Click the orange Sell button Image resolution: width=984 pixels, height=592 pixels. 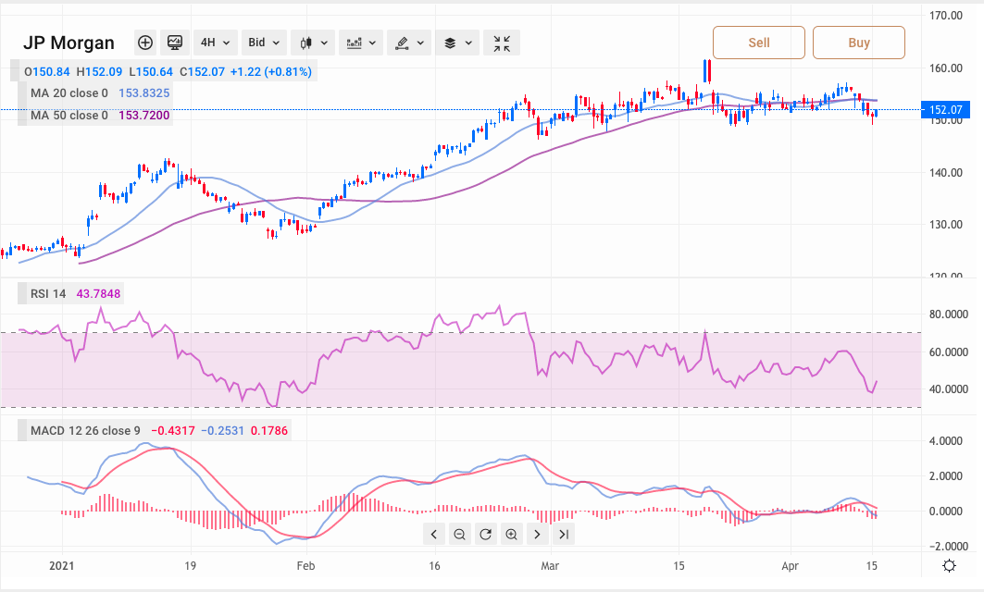pos(758,43)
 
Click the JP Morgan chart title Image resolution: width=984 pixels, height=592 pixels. pos(69,43)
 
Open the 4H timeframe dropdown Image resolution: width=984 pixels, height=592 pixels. pos(214,43)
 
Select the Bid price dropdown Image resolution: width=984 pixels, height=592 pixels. pos(264,43)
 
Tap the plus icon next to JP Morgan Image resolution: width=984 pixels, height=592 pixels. pos(145,43)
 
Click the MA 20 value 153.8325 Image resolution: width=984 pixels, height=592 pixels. pos(144,93)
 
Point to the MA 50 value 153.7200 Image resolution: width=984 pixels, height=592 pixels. pos(144,116)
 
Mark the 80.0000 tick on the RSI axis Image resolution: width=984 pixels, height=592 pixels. pos(948,314)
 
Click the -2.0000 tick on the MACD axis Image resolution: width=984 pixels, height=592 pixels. pos(948,546)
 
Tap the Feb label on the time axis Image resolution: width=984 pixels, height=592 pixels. pos(305,564)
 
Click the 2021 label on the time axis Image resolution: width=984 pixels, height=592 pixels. pos(61,564)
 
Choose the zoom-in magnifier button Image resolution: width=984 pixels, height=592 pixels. pos(511,534)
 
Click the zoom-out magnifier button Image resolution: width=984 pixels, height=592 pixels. pos(459,534)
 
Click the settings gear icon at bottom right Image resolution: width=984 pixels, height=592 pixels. pos(949,566)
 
